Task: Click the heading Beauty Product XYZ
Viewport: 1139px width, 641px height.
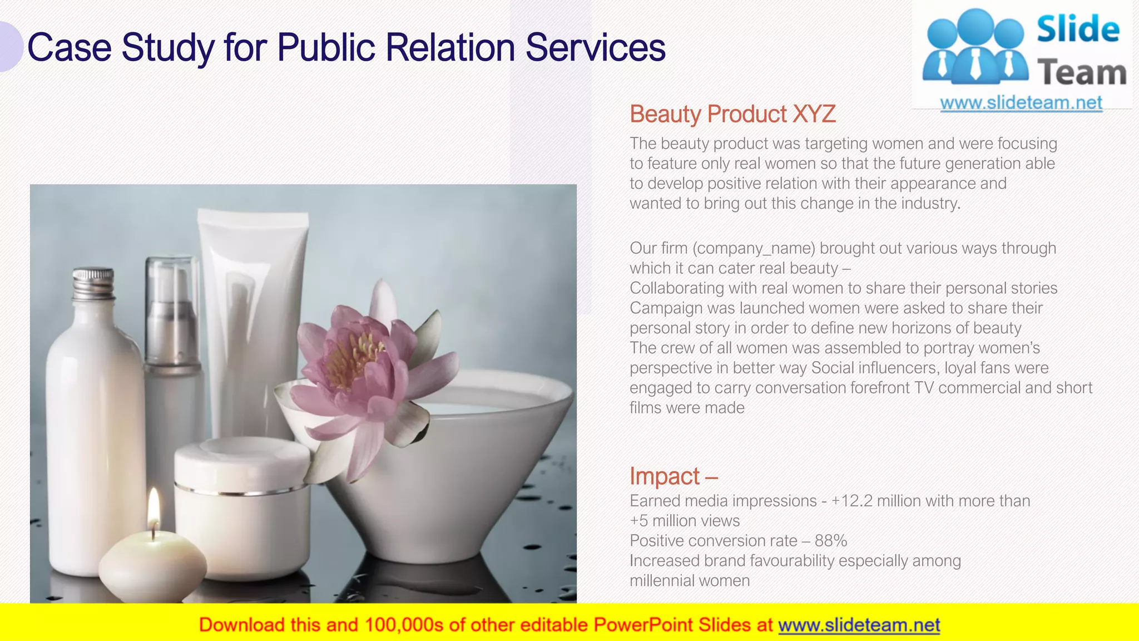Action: (732, 114)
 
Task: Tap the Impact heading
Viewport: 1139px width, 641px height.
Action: (665, 476)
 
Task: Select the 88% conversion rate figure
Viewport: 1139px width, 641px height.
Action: (831, 541)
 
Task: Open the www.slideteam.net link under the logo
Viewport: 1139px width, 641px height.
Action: (1021, 103)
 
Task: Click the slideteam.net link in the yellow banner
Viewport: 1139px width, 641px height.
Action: (859, 625)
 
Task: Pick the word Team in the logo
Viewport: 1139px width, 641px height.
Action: (1081, 73)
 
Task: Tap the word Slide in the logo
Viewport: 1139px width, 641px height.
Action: (1077, 29)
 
